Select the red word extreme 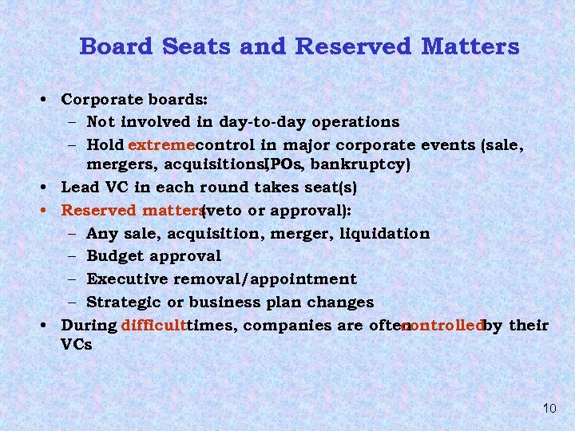click(x=161, y=145)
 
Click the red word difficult click(x=153, y=326)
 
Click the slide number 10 click(x=549, y=409)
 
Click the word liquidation click(x=384, y=234)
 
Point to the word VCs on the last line click(x=76, y=346)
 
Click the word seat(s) click(x=329, y=188)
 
